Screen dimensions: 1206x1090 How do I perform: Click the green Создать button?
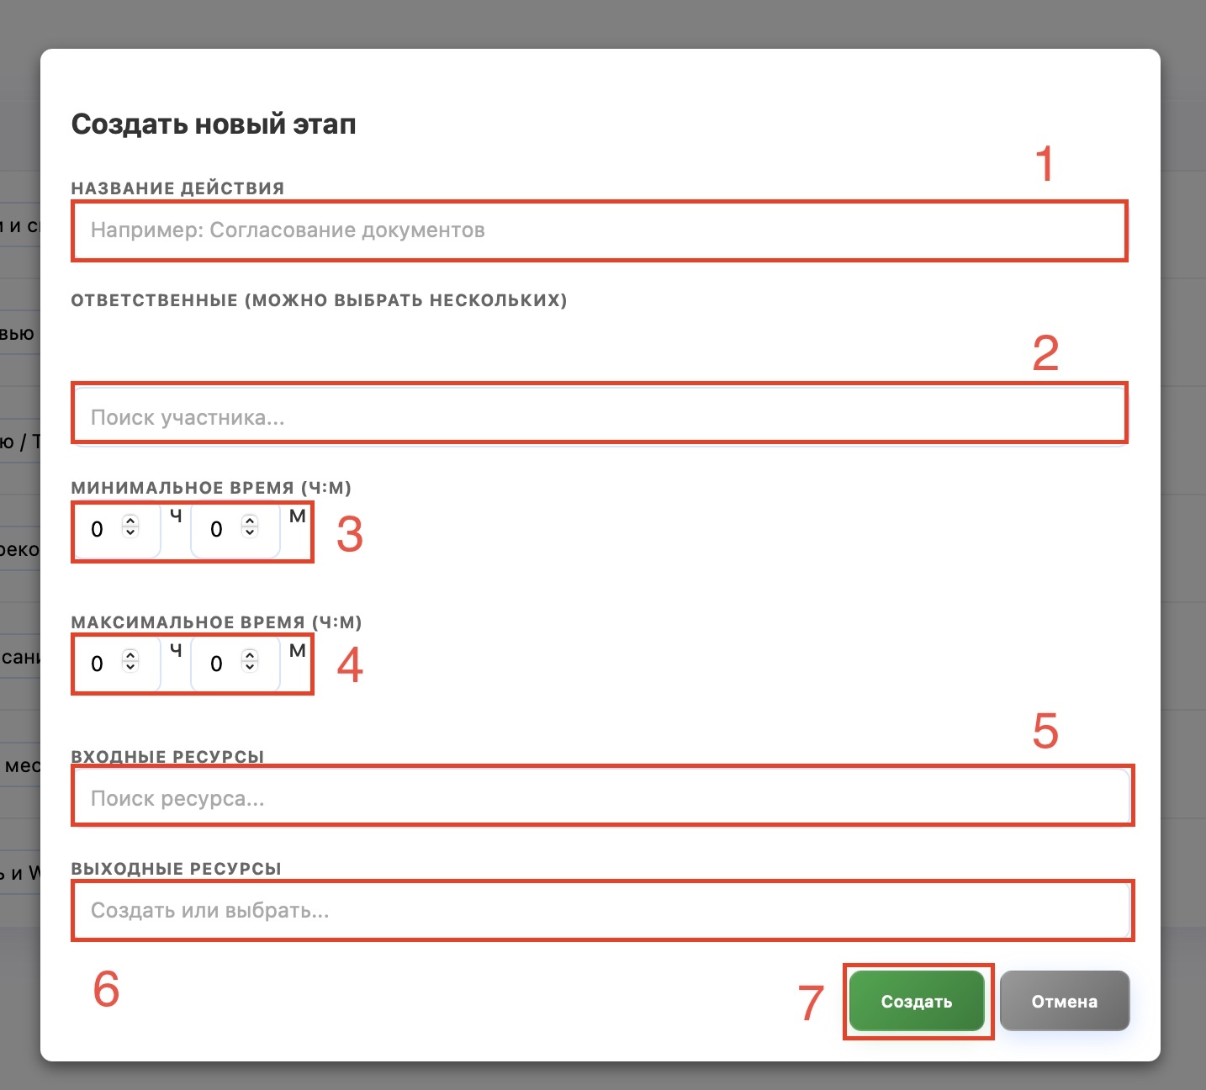pos(917,1001)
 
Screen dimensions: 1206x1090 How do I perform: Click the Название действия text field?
pos(600,230)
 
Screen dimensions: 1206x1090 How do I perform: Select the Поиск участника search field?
pos(600,416)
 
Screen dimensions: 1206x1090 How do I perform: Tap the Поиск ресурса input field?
pos(602,798)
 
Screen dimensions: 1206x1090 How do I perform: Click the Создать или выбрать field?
pos(602,910)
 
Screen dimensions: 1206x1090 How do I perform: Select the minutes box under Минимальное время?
pos(235,528)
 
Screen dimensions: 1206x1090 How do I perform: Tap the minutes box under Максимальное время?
pos(235,663)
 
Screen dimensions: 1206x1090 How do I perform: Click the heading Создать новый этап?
pos(214,124)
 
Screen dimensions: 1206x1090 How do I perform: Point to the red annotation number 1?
pos(1045,163)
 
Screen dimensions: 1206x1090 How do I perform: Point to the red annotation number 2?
pos(1045,352)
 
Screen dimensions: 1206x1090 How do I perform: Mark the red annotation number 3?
pos(350,534)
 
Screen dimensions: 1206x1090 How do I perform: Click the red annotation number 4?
pos(350,664)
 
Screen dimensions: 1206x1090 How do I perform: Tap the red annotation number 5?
pos(1045,731)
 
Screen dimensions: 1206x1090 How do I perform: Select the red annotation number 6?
pos(107,988)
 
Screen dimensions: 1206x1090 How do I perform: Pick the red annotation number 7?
pos(811,1003)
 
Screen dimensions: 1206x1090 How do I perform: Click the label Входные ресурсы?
pos(167,756)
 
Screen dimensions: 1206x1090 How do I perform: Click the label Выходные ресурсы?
pos(176,869)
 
